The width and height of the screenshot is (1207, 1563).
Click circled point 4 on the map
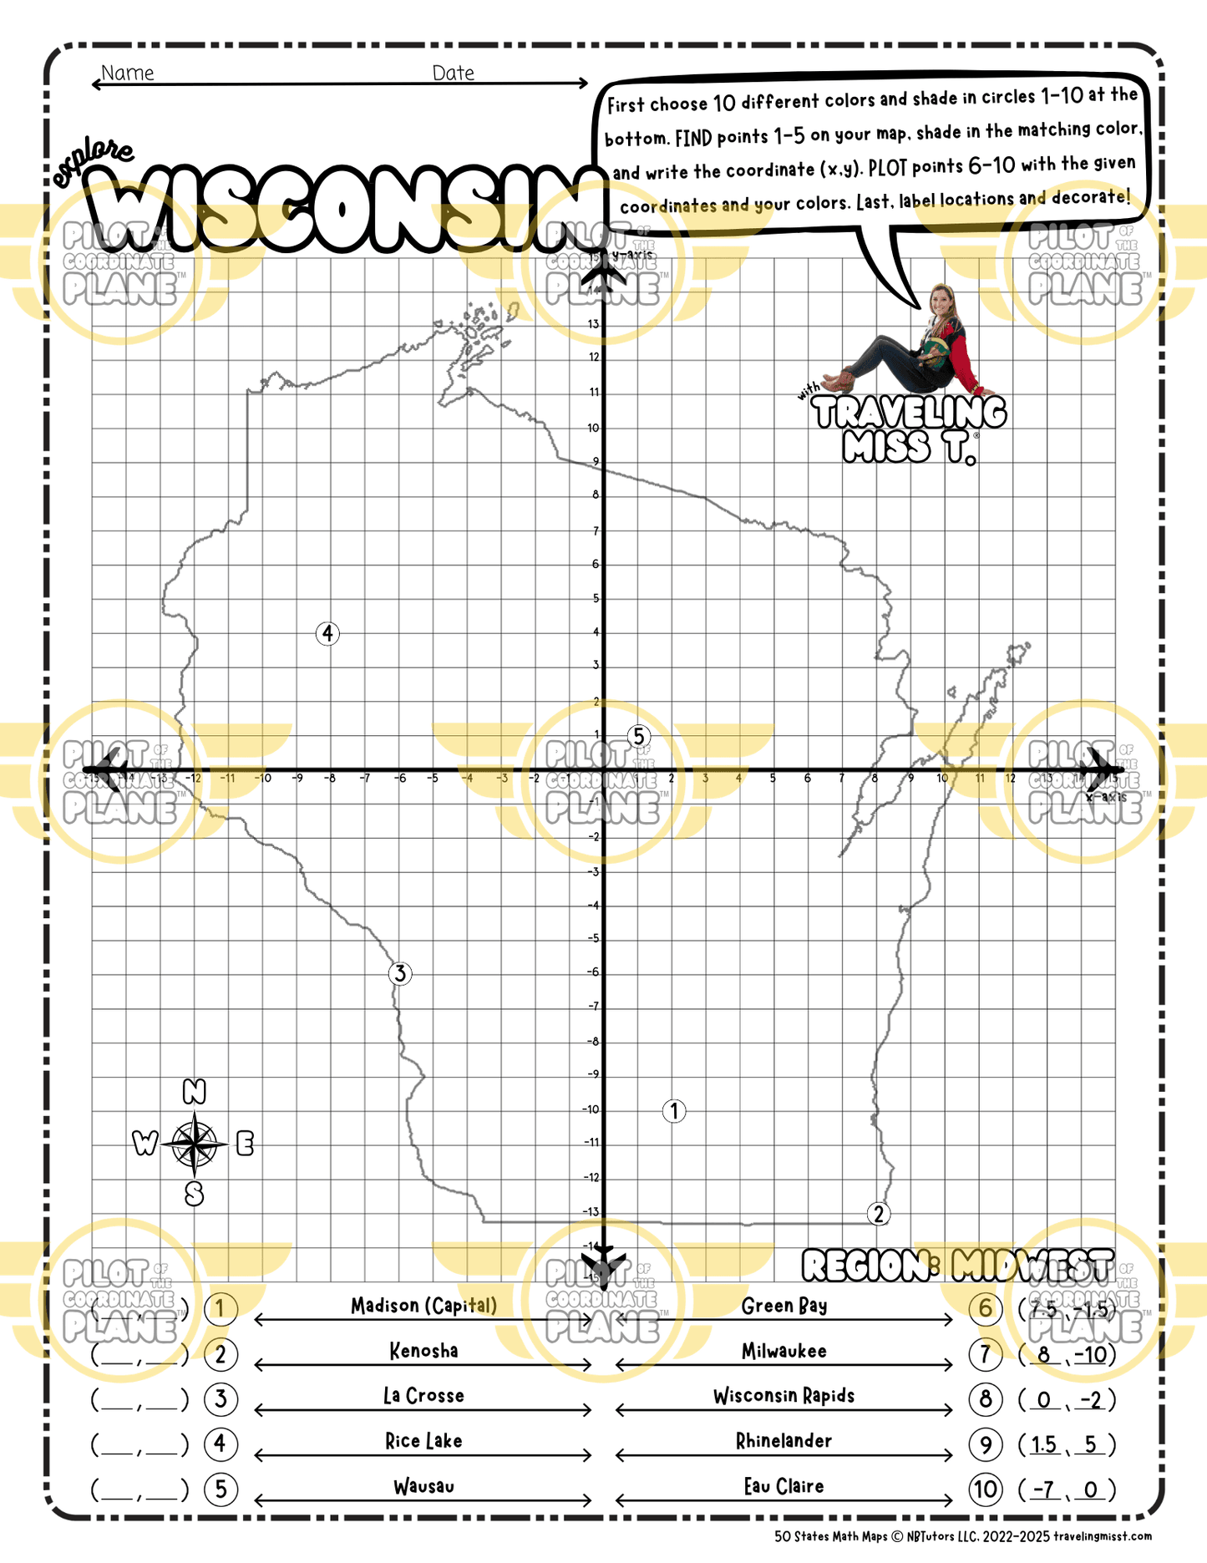click(x=327, y=633)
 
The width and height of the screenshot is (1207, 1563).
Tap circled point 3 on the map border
click(x=400, y=973)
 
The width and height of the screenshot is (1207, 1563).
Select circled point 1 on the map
click(x=674, y=1111)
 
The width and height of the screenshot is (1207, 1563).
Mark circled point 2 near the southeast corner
click(x=878, y=1214)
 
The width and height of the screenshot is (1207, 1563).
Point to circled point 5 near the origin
click(x=639, y=736)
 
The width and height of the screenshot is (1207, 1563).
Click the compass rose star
click(x=195, y=1143)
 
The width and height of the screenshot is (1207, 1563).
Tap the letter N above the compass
click(x=194, y=1091)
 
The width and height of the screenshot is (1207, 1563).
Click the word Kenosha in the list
click(x=423, y=1351)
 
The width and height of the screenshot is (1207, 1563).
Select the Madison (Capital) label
click(x=423, y=1306)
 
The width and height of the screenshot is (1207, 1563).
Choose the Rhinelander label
click(x=784, y=1441)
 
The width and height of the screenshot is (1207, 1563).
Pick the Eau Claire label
click(x=784, y=1486)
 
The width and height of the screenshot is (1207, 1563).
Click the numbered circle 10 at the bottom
click(x=986, y=1489)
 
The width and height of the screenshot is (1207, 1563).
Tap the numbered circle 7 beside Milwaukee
click(x=986, y=1353)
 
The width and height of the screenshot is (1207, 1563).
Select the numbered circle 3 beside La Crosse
click(x=221, y=1398)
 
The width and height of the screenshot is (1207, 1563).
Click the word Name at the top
click(x=127, y=73)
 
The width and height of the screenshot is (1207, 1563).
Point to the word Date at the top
click(x=453, y=73)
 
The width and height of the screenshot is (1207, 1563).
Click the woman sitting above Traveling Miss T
click(x=915, y=347)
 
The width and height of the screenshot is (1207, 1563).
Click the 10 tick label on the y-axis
click(x=593, y=428)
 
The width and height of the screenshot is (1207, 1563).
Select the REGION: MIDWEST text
click(x=957, y=1266)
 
